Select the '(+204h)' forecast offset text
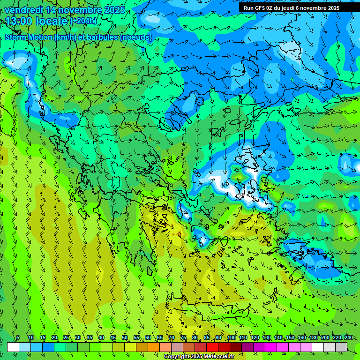point(84,21)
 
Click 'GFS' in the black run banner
point(262,8)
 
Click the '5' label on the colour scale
point(18,337)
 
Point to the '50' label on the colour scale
point(125,337)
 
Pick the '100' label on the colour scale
point(231,337)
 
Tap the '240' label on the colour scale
point(348,337)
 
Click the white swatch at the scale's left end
point(13,347)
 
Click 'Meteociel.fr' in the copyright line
point(216,357)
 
